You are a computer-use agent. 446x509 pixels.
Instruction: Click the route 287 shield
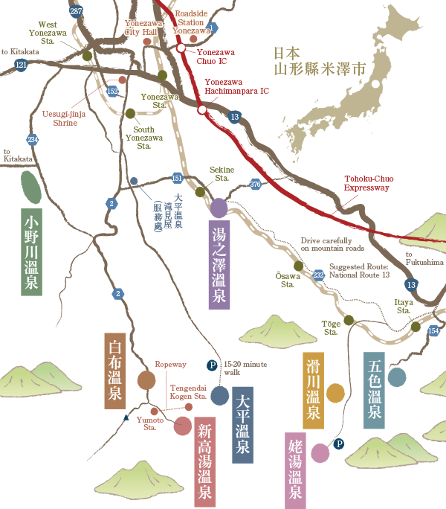click(76, 11)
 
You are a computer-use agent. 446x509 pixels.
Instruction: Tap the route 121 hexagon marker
click(21, 65)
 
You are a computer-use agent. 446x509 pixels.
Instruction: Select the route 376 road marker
click(256, 184)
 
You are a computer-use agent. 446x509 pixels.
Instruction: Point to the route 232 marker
click(319, 275)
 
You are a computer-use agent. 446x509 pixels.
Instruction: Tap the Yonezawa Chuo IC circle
click(181, 48)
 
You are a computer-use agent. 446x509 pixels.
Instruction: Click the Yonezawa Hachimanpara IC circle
click(202, 109)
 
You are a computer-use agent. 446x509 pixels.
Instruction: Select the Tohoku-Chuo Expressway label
click(366, 184)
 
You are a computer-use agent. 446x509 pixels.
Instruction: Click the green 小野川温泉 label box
click(31, 252)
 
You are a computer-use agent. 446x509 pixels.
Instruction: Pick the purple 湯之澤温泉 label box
click(219, 264)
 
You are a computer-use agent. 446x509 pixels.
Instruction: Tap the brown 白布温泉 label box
click(114, 371)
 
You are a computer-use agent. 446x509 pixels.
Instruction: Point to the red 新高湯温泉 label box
click(204, 462)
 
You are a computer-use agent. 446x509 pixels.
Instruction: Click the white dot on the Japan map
click(375, 84)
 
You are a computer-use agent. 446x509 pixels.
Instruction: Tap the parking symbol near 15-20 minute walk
click(212, 365)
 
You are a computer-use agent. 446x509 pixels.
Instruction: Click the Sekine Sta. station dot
click(200, 192)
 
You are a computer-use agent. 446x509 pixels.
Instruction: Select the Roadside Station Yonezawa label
click(192, 22)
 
